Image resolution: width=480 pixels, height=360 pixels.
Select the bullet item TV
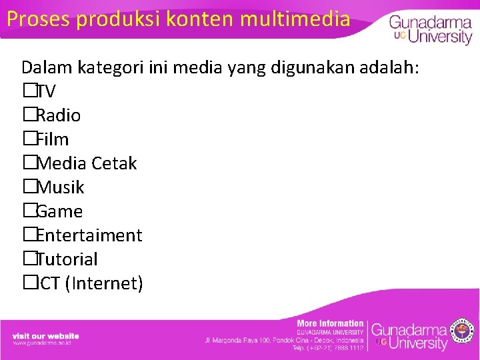click(45, 91)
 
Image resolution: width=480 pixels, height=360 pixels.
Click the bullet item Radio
click(58, 115)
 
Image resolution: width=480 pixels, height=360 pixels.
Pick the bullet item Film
click(52, 139)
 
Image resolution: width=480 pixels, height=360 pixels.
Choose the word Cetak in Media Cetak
click(114, 163)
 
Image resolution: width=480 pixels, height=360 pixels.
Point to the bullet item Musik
click(60, 187)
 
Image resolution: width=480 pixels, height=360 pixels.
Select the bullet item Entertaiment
click(89, 235)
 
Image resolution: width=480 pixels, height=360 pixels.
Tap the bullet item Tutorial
click(67, 259)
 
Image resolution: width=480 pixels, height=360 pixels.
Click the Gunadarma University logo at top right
click(430, 29)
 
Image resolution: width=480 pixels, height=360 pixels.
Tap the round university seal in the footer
click(462, 331)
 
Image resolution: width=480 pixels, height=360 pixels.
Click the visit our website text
click(45, 335)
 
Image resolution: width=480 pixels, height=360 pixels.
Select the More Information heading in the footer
click(330, 323)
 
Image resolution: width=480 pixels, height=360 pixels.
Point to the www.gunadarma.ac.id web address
click(42, 343)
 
